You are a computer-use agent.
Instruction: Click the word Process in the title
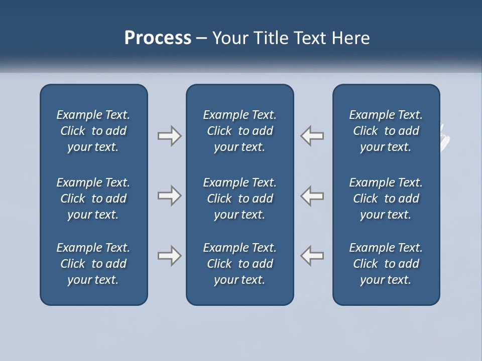[x=158, y=38]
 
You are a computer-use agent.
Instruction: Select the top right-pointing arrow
[x=169, y=136]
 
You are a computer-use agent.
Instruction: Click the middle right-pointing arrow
[x=169, y=196]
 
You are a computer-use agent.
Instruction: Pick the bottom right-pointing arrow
[x=169, y=256]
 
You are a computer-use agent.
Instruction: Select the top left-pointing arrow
[x=312, y=136]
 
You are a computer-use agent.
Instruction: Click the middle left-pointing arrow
[x=312, y=196]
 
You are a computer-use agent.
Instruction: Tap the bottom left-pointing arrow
[x=312, y=256]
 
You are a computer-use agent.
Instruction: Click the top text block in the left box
[x=93, y=131]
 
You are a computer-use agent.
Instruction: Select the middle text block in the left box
[x=93, y=199]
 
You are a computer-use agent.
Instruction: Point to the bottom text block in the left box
[x=93, y=264]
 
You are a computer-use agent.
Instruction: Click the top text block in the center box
[x=239, y=131]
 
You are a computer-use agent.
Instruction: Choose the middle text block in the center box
[x=239, y=199]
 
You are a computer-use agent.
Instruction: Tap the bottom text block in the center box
[x=239, y=264]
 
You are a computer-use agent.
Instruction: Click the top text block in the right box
[x=386, y=131]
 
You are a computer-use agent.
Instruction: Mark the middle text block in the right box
[x=386, y=199]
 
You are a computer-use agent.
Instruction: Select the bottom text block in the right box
[x=386, y=264]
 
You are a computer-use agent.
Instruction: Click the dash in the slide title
[x=201, y=39]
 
